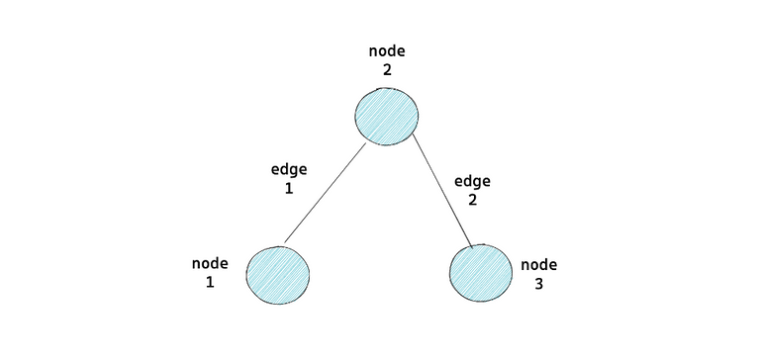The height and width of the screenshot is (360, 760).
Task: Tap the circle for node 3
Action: pos(482,272)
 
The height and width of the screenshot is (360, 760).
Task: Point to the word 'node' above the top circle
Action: pos(387,51)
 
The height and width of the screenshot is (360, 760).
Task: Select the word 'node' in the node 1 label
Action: pos(210,264)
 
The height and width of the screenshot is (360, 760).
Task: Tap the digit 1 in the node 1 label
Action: pos(210,282)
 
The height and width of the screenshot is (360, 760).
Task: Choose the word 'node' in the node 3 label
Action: pos(539,265)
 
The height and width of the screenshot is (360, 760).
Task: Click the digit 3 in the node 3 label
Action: pos(539,283)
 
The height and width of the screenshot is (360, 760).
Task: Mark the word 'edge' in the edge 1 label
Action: pos(289,169)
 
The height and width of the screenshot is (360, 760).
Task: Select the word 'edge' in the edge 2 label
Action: pos(472,182)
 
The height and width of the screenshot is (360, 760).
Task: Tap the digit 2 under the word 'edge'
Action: pos(472,200)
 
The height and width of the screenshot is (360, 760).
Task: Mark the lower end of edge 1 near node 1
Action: pos(284,241)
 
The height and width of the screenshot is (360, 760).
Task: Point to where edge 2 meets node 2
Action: pos(413,135)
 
